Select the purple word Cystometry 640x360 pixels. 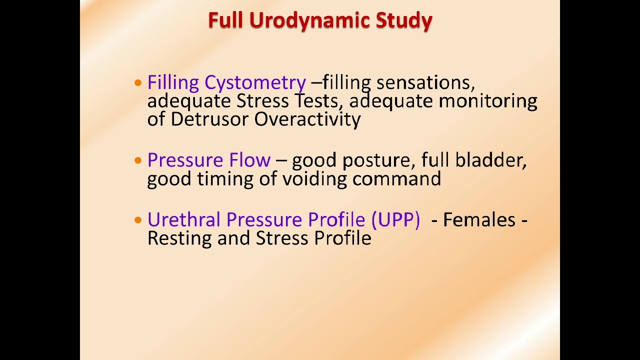coord(255,83)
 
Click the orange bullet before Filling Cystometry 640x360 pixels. coord(138,83)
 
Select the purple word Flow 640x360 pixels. coord(249,160)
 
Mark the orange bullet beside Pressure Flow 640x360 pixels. coord(138,160)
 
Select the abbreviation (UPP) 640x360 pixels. coord(395,220)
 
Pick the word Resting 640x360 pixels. coord(180,238)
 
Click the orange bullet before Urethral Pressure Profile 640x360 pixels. coord(138,220)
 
